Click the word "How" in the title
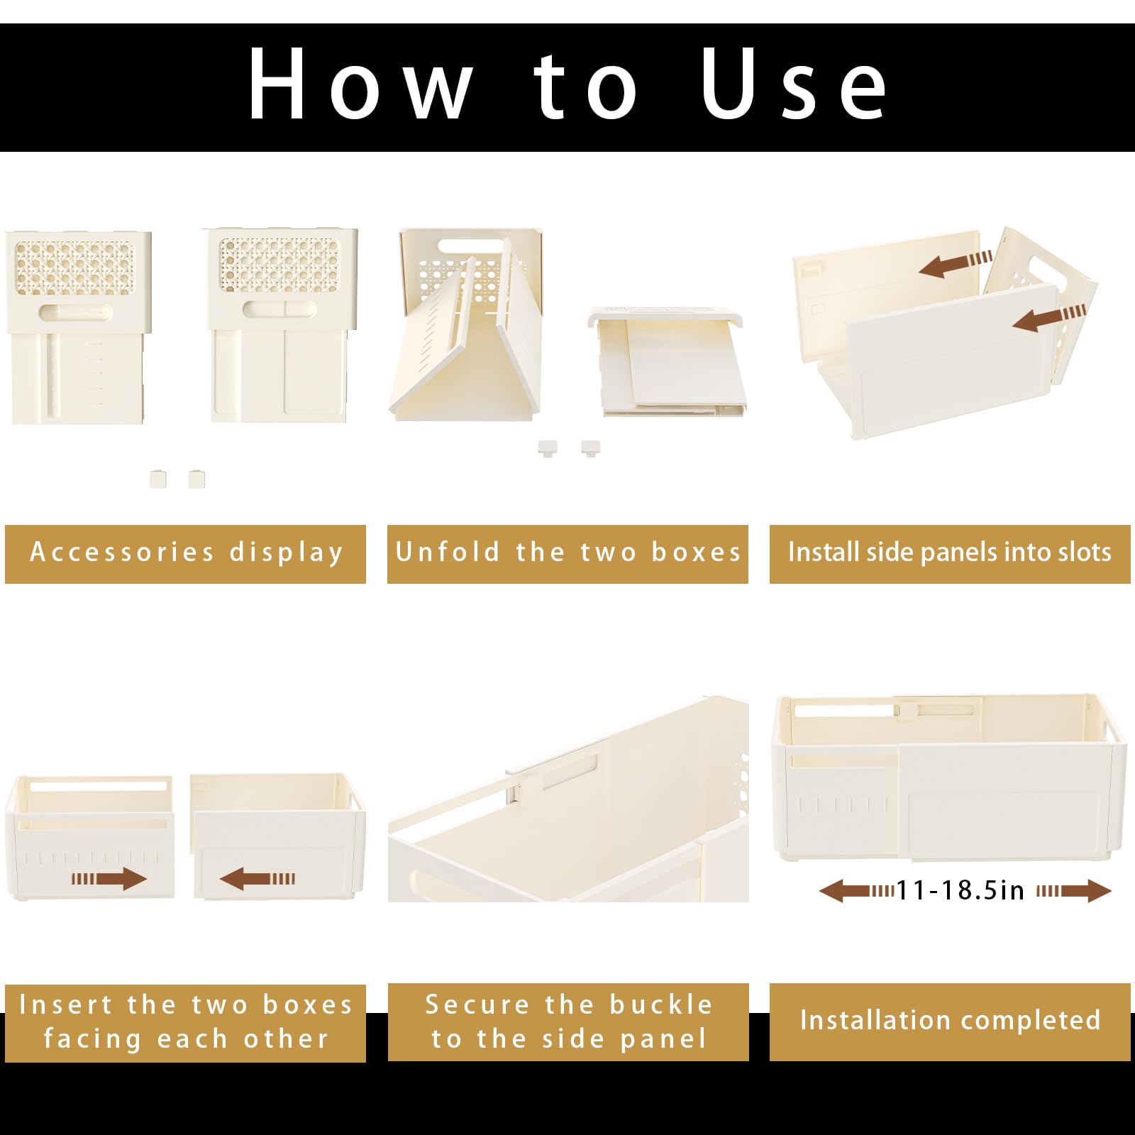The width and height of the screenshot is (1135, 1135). pos(360,84)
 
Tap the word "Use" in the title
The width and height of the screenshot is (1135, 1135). pos(794,84)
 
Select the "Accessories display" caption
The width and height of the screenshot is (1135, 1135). pos(187,553)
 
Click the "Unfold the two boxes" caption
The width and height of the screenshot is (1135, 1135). pos(567,552)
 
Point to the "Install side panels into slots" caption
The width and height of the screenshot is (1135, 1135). pos(950,552)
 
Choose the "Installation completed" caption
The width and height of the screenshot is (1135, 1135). pos(950,1020)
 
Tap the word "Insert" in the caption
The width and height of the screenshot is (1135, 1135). pos(65,1004)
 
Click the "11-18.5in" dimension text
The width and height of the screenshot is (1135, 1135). pos(960,890)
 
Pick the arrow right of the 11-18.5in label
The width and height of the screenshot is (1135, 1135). pos(1074,891)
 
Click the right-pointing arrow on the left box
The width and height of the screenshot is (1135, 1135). pos(109,879)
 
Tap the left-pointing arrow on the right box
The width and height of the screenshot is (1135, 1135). pos(258,879)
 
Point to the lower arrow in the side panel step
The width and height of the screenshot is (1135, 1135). pos(1049,316)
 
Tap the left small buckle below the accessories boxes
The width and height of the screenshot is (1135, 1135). pos(158,479)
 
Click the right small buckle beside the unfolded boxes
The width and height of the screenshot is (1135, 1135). pos(590,448)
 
